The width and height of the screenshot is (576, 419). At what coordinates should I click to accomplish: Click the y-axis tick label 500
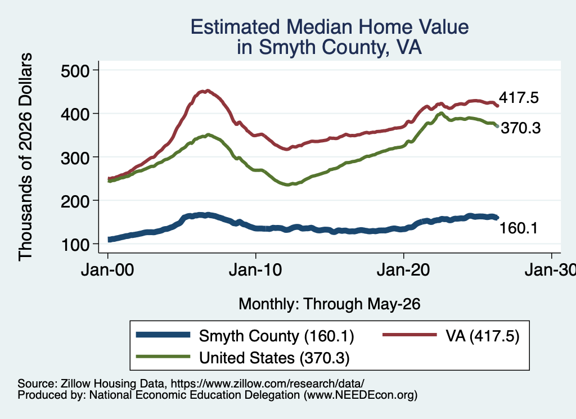[x=75, y=70]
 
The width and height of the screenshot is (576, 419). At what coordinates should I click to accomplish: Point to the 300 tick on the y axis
[x=75, y=157]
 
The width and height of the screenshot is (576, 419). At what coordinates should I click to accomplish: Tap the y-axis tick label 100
[x=75, y=245]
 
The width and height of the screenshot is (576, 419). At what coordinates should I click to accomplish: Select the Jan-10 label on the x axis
[x=255, y=270]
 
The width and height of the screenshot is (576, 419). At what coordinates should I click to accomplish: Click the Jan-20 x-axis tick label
[x=403, y=270]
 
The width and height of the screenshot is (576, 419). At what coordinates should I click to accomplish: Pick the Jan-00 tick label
[x=107, y=270]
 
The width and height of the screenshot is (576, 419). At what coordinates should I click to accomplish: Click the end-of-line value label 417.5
[x=519, y=98]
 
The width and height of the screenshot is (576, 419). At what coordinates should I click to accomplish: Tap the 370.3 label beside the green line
[x=520, y=128]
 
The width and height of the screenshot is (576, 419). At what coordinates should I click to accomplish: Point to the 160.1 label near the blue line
[x=518, y=228]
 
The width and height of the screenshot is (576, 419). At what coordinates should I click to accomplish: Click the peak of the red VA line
[x=208, y=91]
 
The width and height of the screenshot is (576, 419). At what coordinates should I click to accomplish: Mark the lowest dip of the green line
[x=287, y=184]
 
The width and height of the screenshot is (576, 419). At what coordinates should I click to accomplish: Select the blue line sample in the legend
[x=163, y=335]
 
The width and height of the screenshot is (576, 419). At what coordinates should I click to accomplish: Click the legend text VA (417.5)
[x=482, y=336]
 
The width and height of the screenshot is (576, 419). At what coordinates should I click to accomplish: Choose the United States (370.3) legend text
[x=274, y=358]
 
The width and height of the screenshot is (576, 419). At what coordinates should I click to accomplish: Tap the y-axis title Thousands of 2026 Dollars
[x=25, y=157]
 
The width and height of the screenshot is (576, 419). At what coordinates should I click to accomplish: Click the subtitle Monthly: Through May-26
[x=330, y=304]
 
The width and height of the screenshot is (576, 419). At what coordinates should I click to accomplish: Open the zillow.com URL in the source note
[x=267, y=384]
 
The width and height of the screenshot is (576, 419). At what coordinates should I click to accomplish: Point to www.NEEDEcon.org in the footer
[x=361, y=395]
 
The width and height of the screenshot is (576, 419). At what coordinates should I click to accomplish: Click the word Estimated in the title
[x=235, y=27]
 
